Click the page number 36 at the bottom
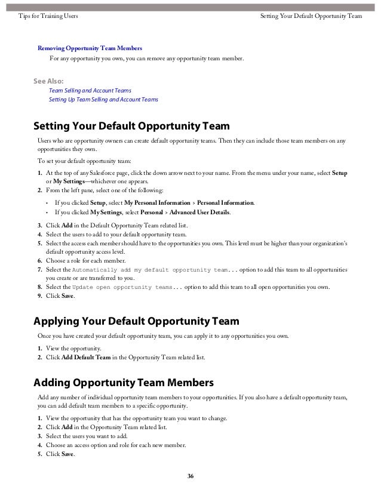[x=190, y=476]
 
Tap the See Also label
[x=51, y=79]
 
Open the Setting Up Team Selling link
[x=103, y=99]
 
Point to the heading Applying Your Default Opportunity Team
[x=136, y=322]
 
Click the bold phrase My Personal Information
[x=156, y=203]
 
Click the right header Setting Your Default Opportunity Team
[x=312, y=15]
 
